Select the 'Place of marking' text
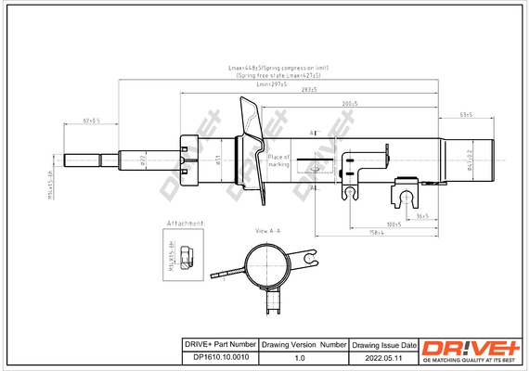pyautogui.click(x=278, y=160)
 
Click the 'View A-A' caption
pyautogui.click(x=267, y=229)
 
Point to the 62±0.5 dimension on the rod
pyautogui.click(x=91, y=121)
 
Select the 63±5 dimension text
pyautogui.click(x=467, y=114)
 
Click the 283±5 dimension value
pyautogui.click(x=308, y=89)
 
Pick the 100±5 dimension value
pyautogui.click(x=393, y=224)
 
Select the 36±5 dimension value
pyautogui.click(x=420, y=215)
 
